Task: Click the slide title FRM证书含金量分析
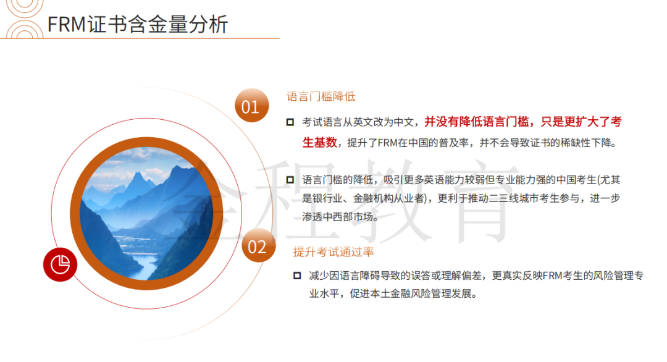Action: pyautogui.click(x=137, y=24)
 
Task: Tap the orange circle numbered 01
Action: pyautogui.click(x=252, y=106)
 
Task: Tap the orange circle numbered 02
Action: pyautogui.click(x=258, y=245)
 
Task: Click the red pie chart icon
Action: pyautogui.click(x=60, y=264)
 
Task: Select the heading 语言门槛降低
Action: pyautogui.click(x=321, y=96)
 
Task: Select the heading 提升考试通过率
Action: pyautogui.click(x=333, y=252)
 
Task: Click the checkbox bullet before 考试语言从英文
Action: pyautogui.click(x=290, y=122)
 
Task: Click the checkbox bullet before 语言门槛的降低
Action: pyautogui.click(x=290, y=180)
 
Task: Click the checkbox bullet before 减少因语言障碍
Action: pyautogui.click(x=297, y=276)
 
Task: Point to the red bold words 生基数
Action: pyautogui.click(x=319, y=143)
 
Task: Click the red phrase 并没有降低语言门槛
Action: pyautogui.click(x=476, y=122)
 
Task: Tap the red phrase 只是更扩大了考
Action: pyautogui.click(x=581, y=122)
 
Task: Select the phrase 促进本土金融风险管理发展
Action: pyautogui.click(x=411, y=294)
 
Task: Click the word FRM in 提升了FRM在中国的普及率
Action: pyautogui.click(x=387, y=143)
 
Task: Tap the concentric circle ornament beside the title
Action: pyautogui.click(x=23, y=19)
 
